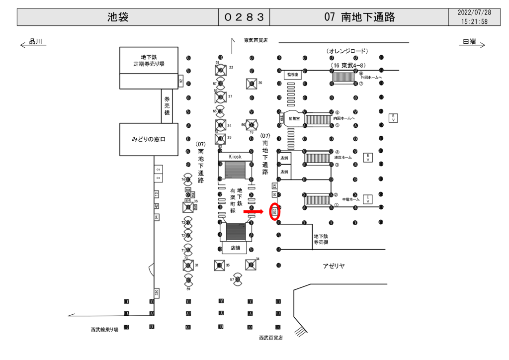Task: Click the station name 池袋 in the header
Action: tap(118, 17)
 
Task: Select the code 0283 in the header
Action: tap(244, 17)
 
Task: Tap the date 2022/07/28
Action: tap(474, 12)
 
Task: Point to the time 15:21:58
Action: tap(474, 22)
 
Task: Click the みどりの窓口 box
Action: tap(149, 140)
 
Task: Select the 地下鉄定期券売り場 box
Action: tap(149, 60)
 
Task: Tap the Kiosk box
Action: tap(235, 156)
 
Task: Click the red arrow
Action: tap(253, 212)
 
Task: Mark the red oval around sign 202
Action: tap(274, 212)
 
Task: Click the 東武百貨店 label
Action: tap(255, 40)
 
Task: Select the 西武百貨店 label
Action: tap(270, 338)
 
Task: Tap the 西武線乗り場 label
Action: tap(104, 329)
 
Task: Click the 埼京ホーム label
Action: tap(343, 158)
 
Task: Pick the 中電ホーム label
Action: tap(347, 200)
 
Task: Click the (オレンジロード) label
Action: tap(347, 51)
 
